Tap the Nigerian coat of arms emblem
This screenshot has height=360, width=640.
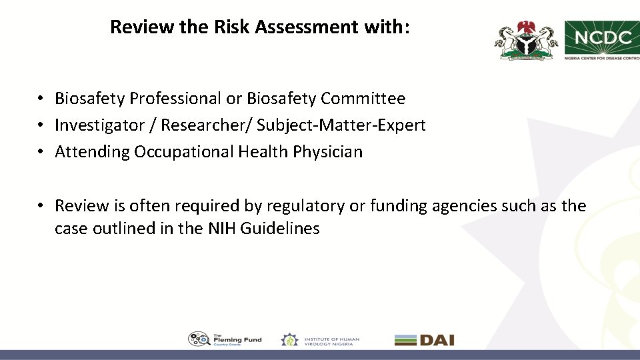pyautogui.click(x=526, y=39)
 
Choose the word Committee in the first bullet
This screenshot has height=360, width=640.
pyautogui.click(x=363, y=99)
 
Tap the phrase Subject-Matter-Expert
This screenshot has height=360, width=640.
pyautogui.click(x=341, y=125)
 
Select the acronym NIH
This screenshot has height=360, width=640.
pyautogui.click(x=222, y=229)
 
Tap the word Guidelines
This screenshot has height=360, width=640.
pyautogui.click(x=280, y=229)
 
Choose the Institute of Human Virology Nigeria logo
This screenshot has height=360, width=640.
pyautogui.click(x=320, y=340)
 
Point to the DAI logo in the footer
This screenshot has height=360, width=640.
pyautogui.click(x=424, y=340)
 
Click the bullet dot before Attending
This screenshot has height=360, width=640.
pyautogui.click(x=41, y=152)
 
